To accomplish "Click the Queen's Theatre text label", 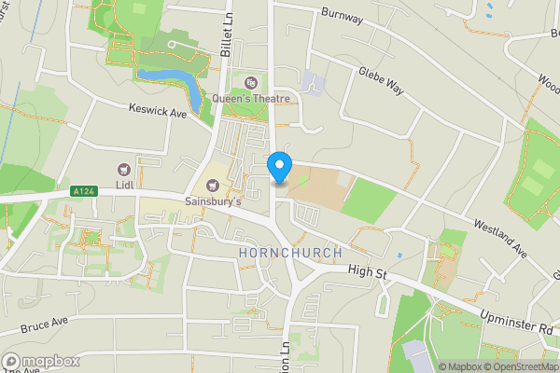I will point(252,99).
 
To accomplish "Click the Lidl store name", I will point(126,185).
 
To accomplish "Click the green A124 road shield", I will point(83,191).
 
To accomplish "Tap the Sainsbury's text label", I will point(214,201).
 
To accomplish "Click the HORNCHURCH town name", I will point(289,254).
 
